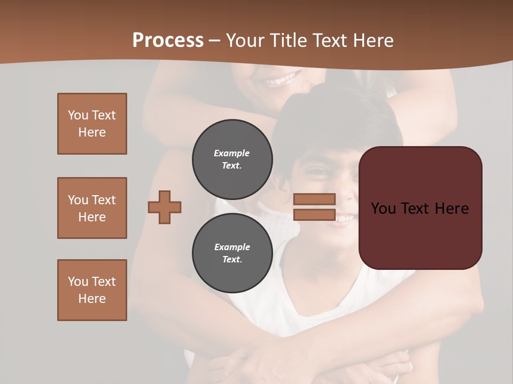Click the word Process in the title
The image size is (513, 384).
point(168,41)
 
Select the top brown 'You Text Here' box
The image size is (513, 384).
point(92,124)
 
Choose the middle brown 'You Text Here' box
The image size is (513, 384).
point(92,208)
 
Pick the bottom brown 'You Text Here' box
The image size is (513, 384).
point(92,290)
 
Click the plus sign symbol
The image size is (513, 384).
point(165,207)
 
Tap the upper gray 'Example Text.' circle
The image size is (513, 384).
point(232,159)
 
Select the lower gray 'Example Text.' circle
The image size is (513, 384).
point(232,253)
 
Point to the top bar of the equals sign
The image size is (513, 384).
point(314,199)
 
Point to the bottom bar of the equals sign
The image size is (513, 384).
point(314,215)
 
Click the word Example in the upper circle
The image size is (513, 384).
point(232,153)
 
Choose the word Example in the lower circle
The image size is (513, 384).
point(232,247)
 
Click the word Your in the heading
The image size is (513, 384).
point(244,41)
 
